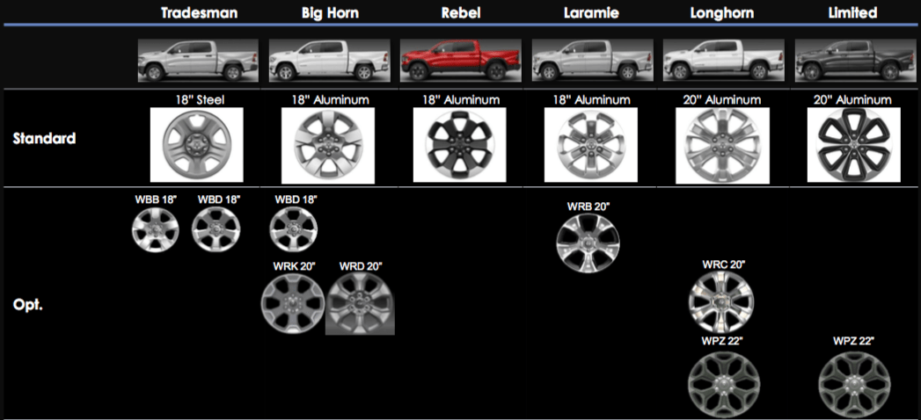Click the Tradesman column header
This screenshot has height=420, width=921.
click(199, 12)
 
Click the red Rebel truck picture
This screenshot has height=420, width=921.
click(460, 62)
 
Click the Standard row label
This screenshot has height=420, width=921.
click(44, 138)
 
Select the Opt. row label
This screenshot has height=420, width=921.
click(28, 306)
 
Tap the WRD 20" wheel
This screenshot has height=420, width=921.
click(360, 303)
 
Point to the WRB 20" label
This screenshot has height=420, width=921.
click(588, 206)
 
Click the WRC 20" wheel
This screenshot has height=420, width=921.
click(721, 300)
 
